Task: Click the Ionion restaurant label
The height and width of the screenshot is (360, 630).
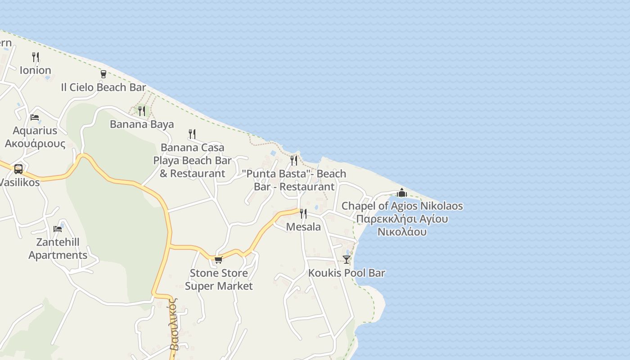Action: pos(35,70)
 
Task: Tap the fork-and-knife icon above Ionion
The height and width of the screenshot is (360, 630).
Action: pos(36,57)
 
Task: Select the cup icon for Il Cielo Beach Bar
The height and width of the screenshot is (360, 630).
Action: pos(103,74)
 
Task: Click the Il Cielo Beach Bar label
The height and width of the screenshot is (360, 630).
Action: pos(103,87)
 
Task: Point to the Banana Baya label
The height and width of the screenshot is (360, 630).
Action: pos(142,124)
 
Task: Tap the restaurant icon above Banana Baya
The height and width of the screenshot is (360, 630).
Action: pos(142,111)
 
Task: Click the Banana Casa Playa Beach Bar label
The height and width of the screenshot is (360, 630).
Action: pos(192,160)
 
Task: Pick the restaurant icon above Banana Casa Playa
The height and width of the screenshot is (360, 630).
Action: pos(192,134)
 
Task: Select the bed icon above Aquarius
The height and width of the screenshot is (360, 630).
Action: pos(35,117)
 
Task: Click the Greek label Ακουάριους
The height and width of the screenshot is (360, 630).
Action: pos(35,144)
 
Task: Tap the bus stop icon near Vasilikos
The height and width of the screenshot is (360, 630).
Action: pos(18,169)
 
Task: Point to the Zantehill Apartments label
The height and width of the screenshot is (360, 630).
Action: pos(58,248)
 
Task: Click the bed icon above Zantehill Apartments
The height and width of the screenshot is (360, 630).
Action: pos(58,229)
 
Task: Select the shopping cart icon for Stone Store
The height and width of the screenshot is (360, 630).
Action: pos(218,260)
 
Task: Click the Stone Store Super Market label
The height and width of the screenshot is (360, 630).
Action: pos(219,279)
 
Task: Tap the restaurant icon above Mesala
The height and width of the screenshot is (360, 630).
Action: pos(303,213)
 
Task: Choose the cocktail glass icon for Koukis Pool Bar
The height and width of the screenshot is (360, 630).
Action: pos(346,260)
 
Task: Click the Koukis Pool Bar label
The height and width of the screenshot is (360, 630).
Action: pos(346,273)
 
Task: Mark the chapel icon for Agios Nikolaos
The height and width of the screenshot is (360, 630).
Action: pos(402,193)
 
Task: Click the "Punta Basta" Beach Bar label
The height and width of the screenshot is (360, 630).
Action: pos(294,180)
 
